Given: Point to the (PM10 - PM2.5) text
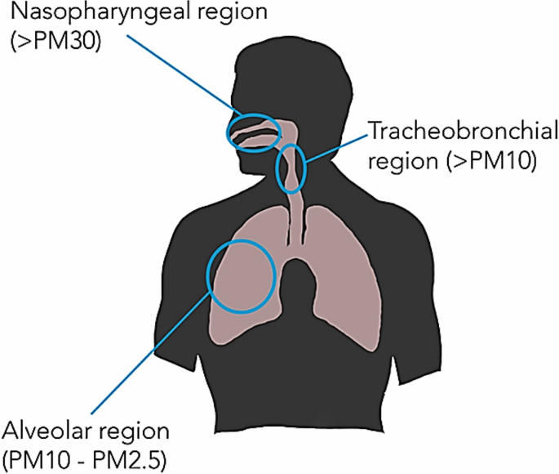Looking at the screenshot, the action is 85,458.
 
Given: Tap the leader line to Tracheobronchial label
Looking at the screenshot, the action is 335,145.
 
